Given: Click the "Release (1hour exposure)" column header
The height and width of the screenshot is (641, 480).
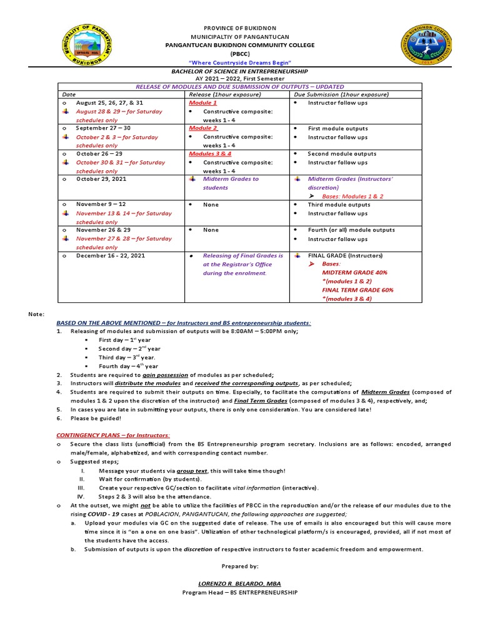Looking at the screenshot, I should coord(220,94).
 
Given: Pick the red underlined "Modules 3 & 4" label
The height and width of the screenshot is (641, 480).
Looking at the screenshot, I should coord(210,153).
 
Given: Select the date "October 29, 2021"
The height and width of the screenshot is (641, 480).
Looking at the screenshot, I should coord(102,179).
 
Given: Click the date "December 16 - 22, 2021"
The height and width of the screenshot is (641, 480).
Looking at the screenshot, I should coord(111,255).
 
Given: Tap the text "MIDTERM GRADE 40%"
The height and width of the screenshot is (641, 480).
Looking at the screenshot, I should coord(354,273).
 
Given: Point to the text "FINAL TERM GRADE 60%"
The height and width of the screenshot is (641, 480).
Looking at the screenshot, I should coord(357,290).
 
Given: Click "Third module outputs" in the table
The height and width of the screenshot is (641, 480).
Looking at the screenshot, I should coord(339,205).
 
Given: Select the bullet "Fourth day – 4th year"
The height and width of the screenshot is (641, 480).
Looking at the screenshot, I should coord(128,366).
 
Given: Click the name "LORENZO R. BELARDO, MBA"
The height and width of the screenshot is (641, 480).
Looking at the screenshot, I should coord(239,583).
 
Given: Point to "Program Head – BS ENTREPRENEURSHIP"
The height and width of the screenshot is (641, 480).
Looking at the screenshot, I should coord(239,592).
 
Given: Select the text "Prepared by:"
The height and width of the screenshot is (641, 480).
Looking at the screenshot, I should coord(240,565).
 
